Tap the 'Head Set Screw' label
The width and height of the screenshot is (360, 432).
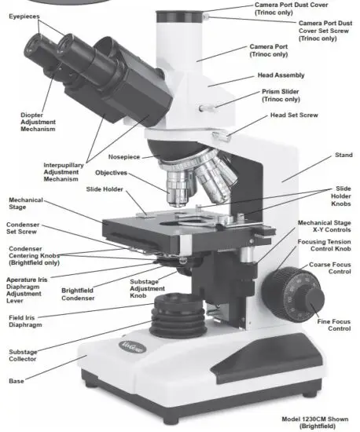point(295,115)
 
